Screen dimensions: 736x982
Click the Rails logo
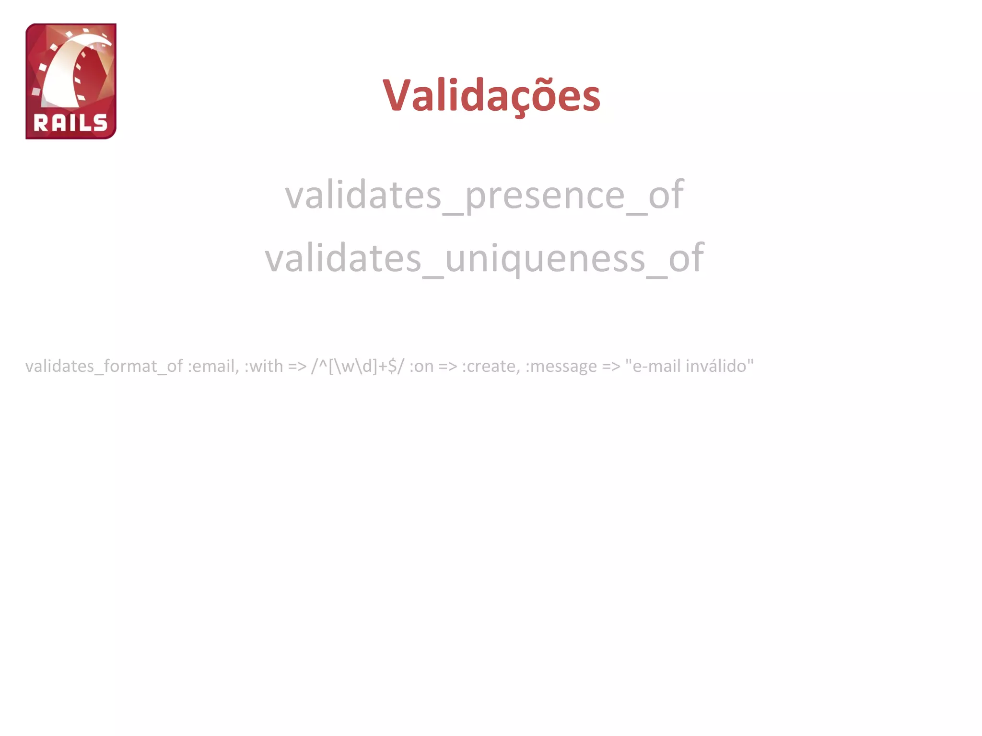point(71,81)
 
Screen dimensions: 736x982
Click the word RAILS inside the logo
point(70,123)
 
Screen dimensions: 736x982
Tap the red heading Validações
point(491,95)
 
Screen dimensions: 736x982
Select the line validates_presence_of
point(484,195)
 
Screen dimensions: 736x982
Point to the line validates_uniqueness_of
point(484,258)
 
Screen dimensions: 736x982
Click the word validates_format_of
point(104,366)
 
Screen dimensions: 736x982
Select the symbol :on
point(421,366)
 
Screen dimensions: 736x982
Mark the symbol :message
point(561,366)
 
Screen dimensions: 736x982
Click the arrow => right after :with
point(297,366)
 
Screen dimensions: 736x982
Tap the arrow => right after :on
point(448,366)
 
